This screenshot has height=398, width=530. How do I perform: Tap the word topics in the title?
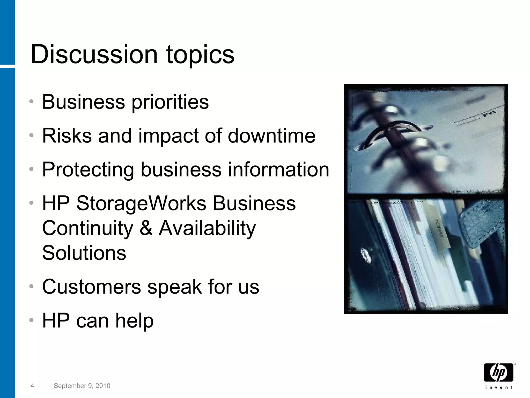click(x=200, y=55)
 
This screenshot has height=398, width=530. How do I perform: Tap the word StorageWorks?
click(x=141, y=203)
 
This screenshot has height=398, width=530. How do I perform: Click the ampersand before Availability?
click(x=146, y=228)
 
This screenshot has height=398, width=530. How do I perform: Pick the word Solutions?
click(x=84, y=253)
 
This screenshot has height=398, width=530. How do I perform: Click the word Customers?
click(x=92, y=287)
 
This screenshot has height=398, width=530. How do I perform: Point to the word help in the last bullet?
click(x=135, y=321)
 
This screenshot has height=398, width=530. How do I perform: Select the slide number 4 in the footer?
click(x=32, y=386)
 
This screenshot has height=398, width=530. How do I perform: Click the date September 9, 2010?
click(x=82, y=386)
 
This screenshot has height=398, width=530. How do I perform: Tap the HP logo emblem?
click(x=498, y=373)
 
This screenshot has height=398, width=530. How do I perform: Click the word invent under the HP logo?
click(x=498, y=387)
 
